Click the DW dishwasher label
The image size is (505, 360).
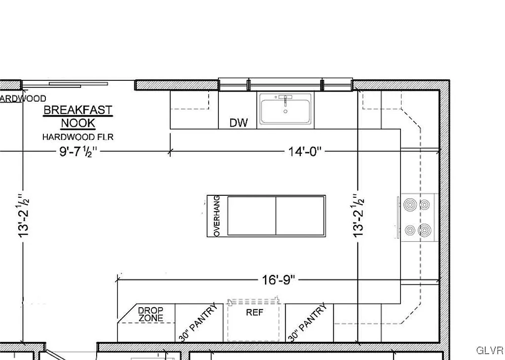point(239,123)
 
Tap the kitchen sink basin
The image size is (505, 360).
point(286,110)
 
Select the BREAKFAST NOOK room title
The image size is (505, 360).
point(78,116)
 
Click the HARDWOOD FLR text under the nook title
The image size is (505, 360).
point(78,137)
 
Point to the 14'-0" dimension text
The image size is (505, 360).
point(305,151)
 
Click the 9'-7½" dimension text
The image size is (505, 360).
point(78,151)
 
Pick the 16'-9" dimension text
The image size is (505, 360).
point(278,280)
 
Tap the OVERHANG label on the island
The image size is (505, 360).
point(216,216)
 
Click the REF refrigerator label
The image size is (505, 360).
point(254,313)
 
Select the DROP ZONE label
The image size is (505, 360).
point(150,315)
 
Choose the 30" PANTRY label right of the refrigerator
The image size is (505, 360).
point(307,323)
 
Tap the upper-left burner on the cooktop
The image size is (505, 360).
point(409,204)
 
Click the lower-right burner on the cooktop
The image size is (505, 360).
point(424,230)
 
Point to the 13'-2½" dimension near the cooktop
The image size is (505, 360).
point(359,215)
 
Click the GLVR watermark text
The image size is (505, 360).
point(489,351)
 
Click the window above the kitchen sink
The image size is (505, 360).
point(286,84)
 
